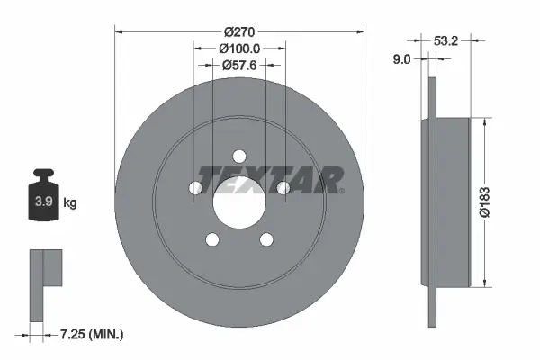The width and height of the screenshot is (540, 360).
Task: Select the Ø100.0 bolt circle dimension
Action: coord(240,49)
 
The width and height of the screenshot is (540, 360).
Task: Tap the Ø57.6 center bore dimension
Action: coord(240,65)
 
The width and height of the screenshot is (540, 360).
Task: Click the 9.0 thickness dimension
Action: coord(402,59)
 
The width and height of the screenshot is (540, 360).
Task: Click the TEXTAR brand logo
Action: coord(270,179)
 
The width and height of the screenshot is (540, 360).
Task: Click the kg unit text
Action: coord(70,203)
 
